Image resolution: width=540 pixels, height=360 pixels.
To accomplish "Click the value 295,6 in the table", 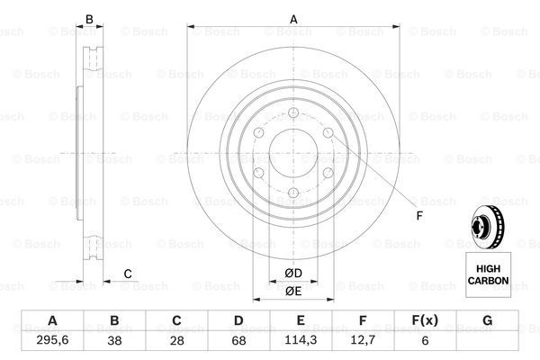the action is tap(52, 340).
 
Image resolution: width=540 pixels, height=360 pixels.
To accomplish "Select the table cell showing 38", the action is tap(114, 340).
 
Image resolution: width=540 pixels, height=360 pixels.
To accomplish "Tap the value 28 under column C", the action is tap(176, 340).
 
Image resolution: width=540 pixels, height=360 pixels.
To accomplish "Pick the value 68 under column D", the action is tap(238, 340).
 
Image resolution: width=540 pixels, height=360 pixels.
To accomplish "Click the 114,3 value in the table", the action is tap(301, 340).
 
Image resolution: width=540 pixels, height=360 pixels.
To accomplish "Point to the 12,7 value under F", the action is tap(363, 340).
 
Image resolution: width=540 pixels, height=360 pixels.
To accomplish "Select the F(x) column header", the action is tap(425, 320).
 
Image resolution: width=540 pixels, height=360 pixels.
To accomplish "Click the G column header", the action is tap(487, 320).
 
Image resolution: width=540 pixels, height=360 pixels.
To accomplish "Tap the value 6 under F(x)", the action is tap(425, 340).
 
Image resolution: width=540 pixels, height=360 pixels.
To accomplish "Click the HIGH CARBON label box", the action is tap(488, 274).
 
